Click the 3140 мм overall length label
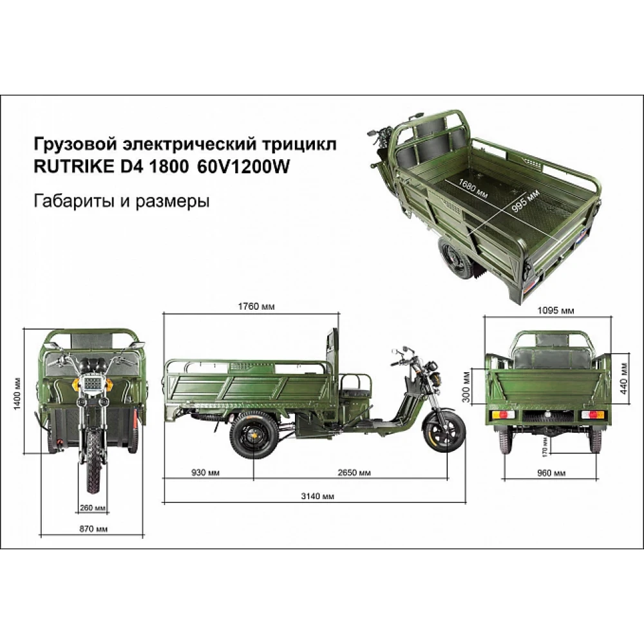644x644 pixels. [317, 496]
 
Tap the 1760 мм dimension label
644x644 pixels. [256, 307]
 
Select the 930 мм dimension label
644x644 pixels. [205, 473]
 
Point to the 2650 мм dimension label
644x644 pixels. [354, 473]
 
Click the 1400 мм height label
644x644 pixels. [17, 393]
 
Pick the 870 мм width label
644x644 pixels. [93, 529]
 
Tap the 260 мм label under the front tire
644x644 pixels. [93, 507]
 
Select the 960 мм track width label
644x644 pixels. [551, 473]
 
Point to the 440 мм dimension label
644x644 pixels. [624, 378]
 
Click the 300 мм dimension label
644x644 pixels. [466, 386]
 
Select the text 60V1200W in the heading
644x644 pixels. [243, 166]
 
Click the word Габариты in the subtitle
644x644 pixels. [75, 201]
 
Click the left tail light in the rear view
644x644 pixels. [504, 415]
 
